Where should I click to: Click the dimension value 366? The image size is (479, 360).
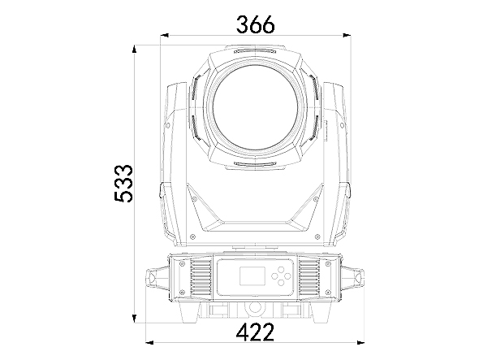[x=256, y=24]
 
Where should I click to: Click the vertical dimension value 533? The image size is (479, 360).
[x=123, y=184]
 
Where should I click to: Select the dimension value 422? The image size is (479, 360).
[x=256, y=332]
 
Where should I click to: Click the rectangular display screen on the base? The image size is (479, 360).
[x=252, y=275]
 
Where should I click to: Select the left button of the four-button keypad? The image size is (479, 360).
[x=274, y=275]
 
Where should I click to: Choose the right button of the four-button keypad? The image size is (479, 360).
[x=287, y=275]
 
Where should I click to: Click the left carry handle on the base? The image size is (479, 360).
[x=157, y=279]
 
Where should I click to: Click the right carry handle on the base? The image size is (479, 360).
[x=353, y=279]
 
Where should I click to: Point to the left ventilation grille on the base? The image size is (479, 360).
[x=201, y=278]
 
